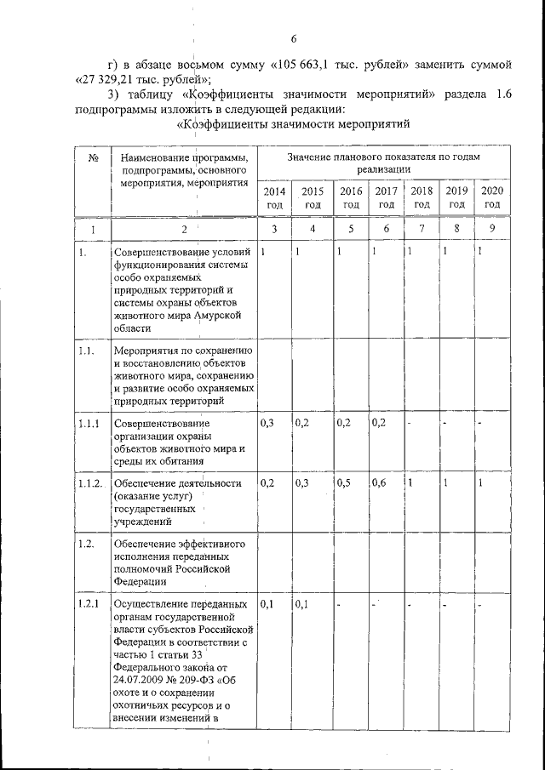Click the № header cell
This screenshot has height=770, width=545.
point(90,157)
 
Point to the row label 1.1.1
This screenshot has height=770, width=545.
point(89,423)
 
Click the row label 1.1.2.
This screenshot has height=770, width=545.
point(89,483)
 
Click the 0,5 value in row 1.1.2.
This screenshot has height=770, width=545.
point(344,482)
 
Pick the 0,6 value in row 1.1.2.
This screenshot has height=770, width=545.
point(380,482)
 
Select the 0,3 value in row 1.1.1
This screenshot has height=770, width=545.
point(267,422)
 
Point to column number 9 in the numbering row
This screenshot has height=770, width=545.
point(491,230)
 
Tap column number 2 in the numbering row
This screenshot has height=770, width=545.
point(183,230)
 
